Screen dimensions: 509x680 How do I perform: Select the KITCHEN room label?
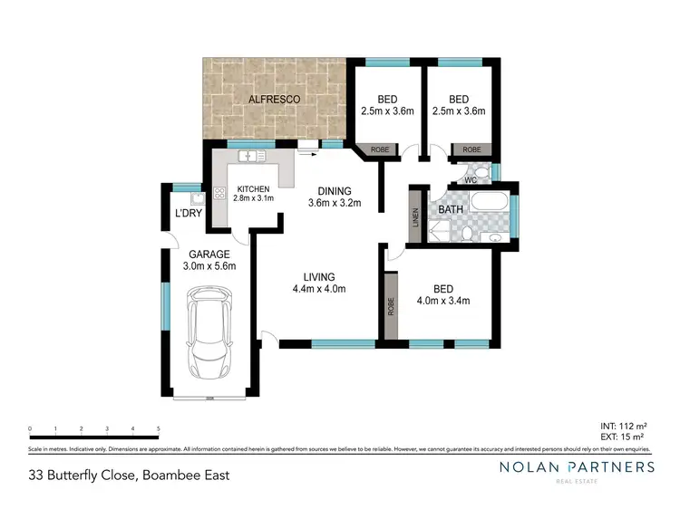[253, 188]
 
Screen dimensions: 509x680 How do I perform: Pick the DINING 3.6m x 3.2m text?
[335, 197]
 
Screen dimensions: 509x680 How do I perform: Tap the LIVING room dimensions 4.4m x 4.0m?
[320, 283]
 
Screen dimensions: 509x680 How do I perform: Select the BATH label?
[451, 210]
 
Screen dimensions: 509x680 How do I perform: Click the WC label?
[470, 179]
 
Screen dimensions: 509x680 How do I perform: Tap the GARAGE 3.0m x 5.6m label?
[209, 260]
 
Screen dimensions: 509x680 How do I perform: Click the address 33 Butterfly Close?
[129, 474]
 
